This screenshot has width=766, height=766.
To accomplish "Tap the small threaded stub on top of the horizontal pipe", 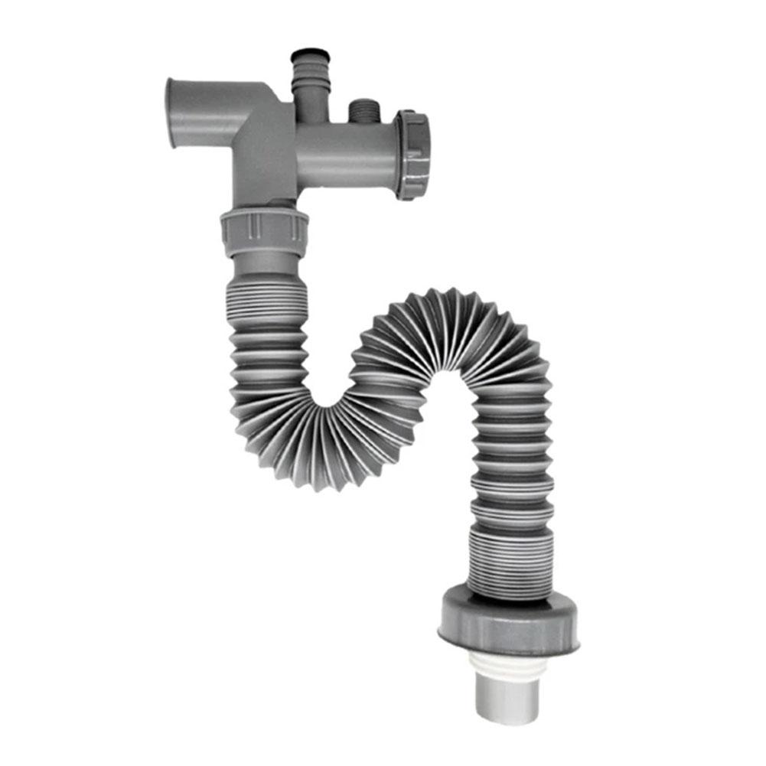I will (358, 112).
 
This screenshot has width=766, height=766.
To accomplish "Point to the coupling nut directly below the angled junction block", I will (264, 228).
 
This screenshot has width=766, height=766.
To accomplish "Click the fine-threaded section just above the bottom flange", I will (509, 562).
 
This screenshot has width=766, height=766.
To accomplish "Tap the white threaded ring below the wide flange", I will (509, 664).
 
